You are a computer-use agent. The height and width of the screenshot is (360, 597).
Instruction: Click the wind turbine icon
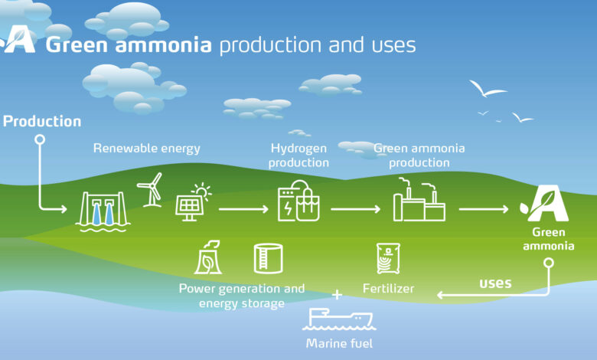[x=151, y=190]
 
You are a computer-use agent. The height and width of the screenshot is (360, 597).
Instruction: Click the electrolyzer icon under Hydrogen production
[x=298, y=201]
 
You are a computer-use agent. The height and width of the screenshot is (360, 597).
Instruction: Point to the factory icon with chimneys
[x=419, y=199]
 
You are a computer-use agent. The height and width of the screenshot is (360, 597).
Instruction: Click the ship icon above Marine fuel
[x=338, y=319]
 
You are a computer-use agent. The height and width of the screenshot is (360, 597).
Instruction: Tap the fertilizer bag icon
[x=388, y=258]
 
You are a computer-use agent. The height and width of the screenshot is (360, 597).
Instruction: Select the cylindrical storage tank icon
[x=268, y=258]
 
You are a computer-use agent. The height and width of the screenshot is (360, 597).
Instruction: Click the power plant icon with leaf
[x=208, y=257]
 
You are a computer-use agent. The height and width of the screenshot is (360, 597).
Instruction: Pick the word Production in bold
[x=42, y=121]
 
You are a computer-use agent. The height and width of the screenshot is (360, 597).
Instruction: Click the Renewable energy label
[x=147, y=148]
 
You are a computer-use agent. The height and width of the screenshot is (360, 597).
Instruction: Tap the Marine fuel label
[x=339, y=343]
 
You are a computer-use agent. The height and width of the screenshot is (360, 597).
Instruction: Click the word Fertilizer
[x=388, y=288]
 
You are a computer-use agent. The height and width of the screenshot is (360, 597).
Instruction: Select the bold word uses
[x=495, y=283]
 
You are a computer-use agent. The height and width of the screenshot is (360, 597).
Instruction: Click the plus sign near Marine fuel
[x=337, y=294]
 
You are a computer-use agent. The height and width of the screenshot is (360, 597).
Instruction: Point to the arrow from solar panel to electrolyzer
[x=243, y=209]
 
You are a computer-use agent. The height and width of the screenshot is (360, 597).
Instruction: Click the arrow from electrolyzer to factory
[x=356, y=209]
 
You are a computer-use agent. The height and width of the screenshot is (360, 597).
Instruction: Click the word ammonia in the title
[x=163, y=45]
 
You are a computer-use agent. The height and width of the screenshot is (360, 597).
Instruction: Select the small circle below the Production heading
[x=40, y=139]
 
